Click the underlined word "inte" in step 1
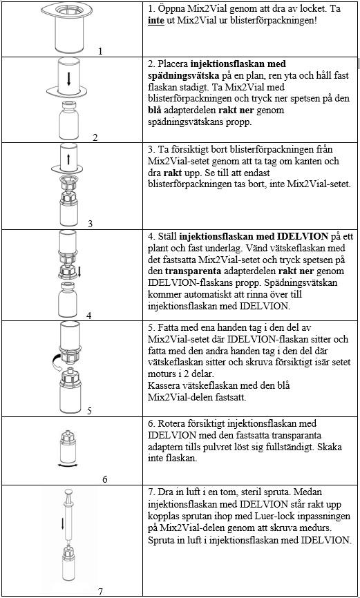[155, 20]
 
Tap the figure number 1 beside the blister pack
[100, 50]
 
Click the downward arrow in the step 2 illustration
[69, 78]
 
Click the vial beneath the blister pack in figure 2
[69, 121]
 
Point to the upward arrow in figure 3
[69, 159]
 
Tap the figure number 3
[90, 224]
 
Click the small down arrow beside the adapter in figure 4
[80, 271]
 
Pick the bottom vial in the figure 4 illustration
[69, 301]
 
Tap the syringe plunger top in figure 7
[69, 491]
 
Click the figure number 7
[100, 592]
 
